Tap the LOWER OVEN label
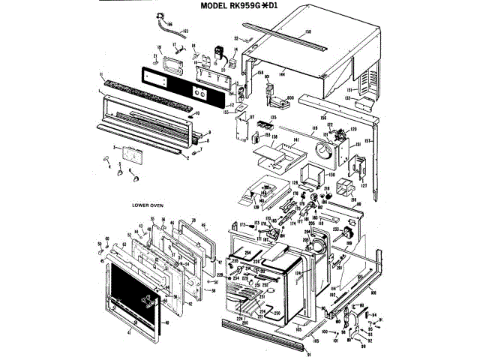click(148, 204)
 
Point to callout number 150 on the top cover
click(307, 32)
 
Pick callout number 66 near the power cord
click(169, 24)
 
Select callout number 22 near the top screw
click(235, 37)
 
